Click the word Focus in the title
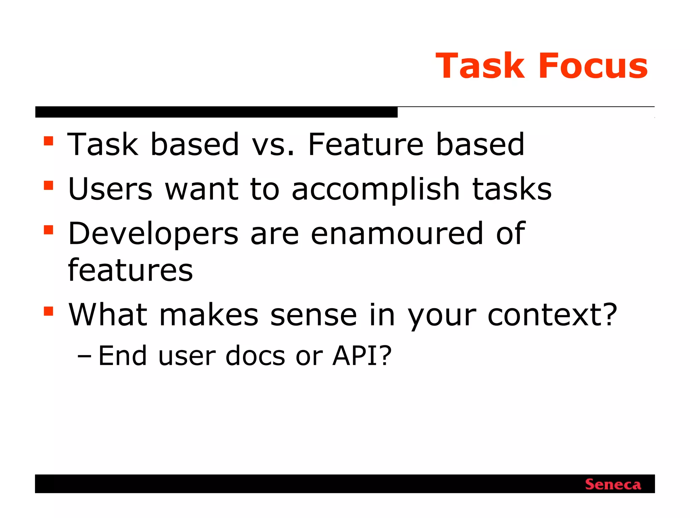(x=593, y=66)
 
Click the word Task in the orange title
(x=480, y=66)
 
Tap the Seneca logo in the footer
(x=613, y=485)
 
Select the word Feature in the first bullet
(x=366, y=145)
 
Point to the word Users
(x=110, y=189)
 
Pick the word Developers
(x=153, y=234)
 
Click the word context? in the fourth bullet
(x=553, y=315)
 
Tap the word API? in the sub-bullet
(x=362, y=356)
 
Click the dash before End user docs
(x=84, y=356)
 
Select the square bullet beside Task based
(x=49, y=141)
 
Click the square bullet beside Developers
(x=49, y=230)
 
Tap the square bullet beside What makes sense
(x=49, y=311)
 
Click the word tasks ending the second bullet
(x=512, y=189)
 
